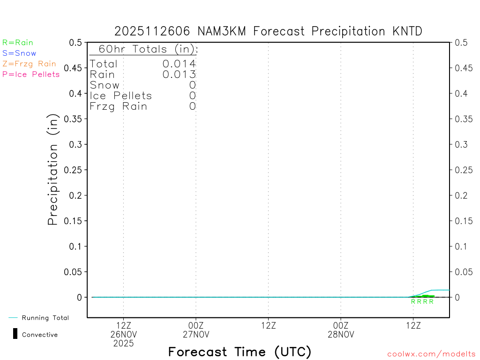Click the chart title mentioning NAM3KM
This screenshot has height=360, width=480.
pos(268,31)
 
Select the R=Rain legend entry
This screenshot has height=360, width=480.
pos(18,43)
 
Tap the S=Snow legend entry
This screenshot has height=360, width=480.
pos(19,53)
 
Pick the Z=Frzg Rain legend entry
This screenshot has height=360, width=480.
pos(29,64)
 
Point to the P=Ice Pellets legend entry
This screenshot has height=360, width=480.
pos(31,74)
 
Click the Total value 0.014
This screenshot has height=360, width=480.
pos(179,64)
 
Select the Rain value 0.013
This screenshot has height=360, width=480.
pos(179,74)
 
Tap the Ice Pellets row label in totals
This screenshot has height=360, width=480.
pos(121,96)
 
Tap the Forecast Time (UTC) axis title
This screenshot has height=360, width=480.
pos(240,352)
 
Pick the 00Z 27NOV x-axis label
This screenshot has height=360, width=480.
pos(196,330)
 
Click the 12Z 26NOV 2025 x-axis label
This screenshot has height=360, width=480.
pos(123,334)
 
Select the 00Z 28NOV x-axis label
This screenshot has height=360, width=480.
pos(341,330)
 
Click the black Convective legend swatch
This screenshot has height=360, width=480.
pos(15,334)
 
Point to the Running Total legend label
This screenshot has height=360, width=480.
pos(45,318)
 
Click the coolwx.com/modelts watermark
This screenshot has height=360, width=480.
pos(431,354)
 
